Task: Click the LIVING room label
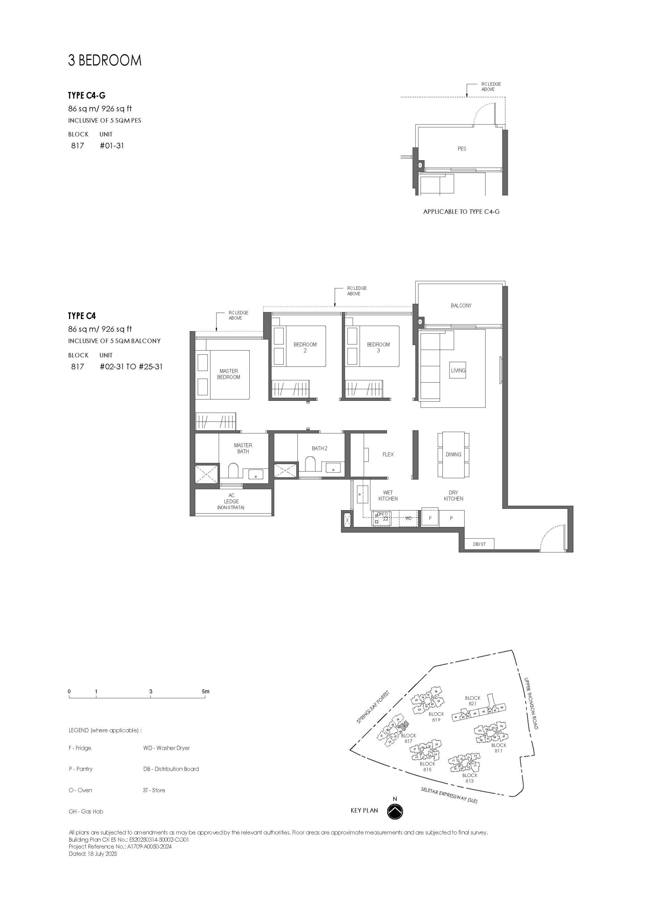click(x=458, y=370)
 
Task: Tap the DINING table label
click(x=453, y=454)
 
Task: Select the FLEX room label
click(x=388, y=454)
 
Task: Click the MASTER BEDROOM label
click(x=228, y=374)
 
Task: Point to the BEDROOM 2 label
click(x=305, y=347)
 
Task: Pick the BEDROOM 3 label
click(x=378, y=347)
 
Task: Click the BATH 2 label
click(x=319, y=448)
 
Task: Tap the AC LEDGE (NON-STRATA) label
click(x=231, y=501)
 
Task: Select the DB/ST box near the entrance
click(x=479, y=544)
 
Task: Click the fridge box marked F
click(x=430, y=518)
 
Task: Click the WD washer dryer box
click(x=408, y=518)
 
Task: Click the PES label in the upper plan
click(x=461, y=148)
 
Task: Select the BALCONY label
click(x=461, y=305)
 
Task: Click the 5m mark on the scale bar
click(x=205, y=692)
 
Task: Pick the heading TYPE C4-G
click(x=86, y=96)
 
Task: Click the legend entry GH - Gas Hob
click(x=86, y=811)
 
